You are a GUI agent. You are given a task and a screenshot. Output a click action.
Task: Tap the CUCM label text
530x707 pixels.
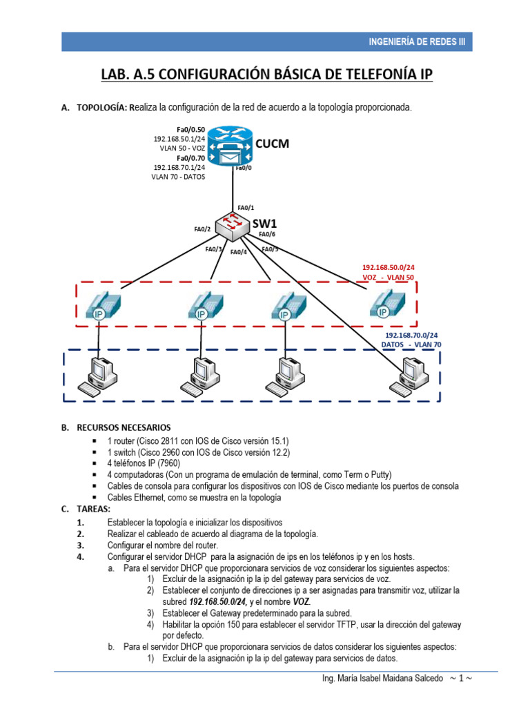[x=272, y=144]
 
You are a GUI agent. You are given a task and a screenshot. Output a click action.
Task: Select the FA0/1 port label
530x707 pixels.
[x=246, y=207]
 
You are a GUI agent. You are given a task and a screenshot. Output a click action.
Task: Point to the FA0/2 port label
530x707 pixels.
[x=202, y=229]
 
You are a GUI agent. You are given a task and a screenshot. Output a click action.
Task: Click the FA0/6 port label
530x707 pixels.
[x=267, y=234]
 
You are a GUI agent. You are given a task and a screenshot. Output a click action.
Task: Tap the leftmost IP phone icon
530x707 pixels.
[x=103, y=304]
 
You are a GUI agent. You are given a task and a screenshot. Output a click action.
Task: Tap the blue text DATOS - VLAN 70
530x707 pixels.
[x=411, y=344]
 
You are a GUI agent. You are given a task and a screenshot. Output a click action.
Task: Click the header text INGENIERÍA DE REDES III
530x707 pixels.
[x=418, y=41]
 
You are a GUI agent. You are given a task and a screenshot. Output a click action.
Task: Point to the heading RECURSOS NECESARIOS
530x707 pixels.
[x=124, y=427]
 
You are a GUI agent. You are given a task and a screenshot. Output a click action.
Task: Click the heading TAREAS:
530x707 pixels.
[x=93, y=508]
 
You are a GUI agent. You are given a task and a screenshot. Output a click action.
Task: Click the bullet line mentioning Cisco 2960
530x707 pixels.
[x=199, y=452]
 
